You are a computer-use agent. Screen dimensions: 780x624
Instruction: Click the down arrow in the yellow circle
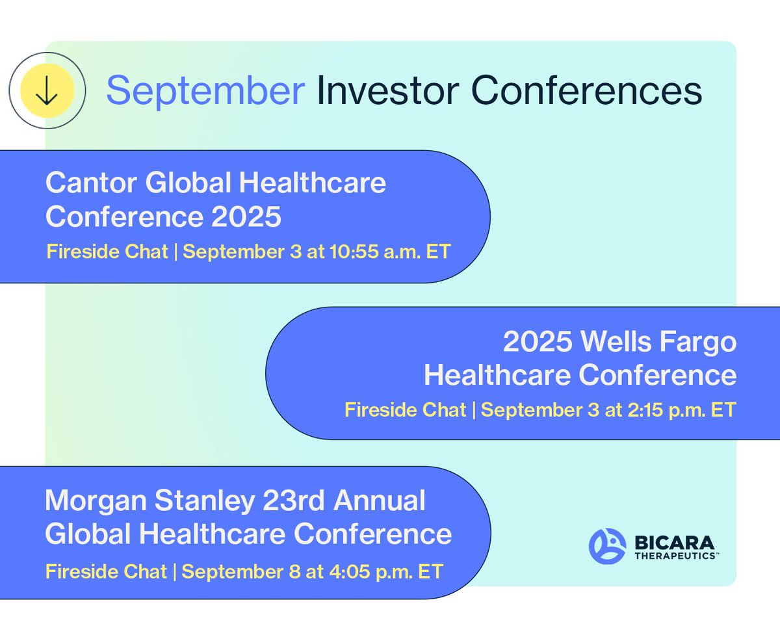[47, 90]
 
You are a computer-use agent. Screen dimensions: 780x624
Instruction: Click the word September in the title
[205, 92]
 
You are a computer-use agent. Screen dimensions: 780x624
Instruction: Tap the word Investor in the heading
[388, 90]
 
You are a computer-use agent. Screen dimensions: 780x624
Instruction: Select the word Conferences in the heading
[586, 90]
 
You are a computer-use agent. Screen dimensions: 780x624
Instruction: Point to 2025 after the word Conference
[246, 217]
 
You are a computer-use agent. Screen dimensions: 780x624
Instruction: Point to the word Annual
[379, 500]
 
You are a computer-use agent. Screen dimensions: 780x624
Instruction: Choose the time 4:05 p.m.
[370, 572]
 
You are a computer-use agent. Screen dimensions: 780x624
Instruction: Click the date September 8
[241, 572]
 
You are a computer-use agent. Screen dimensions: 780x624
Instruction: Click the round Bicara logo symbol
[607, 546]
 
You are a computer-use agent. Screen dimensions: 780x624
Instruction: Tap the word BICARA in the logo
[675, 543]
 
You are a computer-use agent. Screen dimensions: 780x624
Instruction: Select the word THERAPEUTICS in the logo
[675, 556]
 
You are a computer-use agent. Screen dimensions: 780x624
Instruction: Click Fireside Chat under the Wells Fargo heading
[405, 409]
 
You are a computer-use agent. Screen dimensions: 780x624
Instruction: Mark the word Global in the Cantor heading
[188, 183]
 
